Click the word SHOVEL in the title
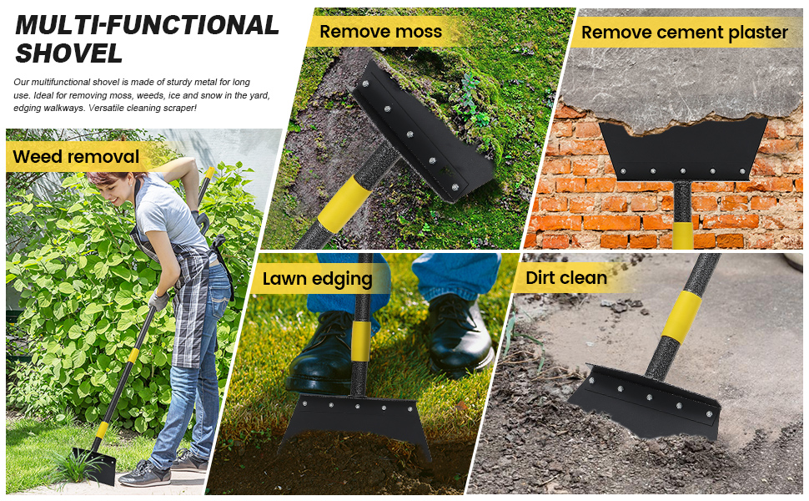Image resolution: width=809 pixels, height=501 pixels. pyautogui.click(x=69, y=53)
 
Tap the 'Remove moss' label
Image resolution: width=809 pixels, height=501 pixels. pyautogui.click(x=380, y=32)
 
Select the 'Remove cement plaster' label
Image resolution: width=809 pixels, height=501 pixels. pyautogui.click(x=684, y=33)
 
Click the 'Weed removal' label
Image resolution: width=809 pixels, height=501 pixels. pyautogui.click(x=76, y=156)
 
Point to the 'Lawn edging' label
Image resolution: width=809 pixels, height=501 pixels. pyautogui.click(x=318, y=279)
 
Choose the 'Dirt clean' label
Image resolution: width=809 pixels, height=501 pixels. pyautogui.click(x=566, y=277)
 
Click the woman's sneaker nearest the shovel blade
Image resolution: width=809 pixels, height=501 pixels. pyautogui.click(x=143, y=474)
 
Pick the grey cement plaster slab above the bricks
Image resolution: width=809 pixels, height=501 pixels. pyautogui.click(x=684, y=75)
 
